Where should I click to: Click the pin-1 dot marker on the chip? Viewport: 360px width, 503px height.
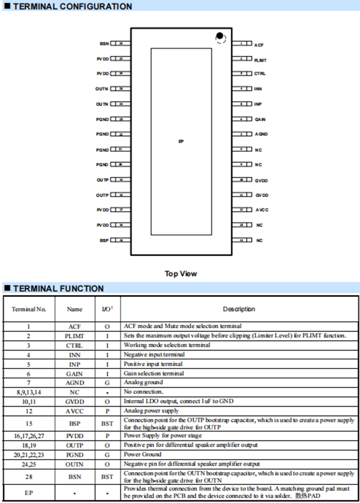(x=219, y=37)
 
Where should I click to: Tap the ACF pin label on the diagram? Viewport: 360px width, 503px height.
(x=259, y=46)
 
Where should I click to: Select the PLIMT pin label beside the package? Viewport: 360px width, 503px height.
(x=260, y=60)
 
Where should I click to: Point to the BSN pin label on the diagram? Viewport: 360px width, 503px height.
(x=104, y=43)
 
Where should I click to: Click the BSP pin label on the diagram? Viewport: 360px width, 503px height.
(x=104, y=240)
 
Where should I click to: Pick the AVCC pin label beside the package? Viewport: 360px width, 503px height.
(x=262, y=210)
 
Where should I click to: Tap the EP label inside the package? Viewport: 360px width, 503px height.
(x=182, y=142)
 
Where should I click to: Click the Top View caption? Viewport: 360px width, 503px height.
(x=181, y=274)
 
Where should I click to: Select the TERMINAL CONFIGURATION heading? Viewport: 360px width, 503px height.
(x=73, y=7)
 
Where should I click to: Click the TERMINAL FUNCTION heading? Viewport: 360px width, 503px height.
(x=58, y=289)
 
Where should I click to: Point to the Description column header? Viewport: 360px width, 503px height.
(x=239, y=309)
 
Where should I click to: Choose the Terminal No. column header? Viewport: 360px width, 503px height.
(x=29, y=309)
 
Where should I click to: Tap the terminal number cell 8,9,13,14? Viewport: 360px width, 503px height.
(x=29, y=392)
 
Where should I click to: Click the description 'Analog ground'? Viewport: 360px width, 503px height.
(x=143, y=382)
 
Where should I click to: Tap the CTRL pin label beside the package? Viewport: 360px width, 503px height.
(x=260, y=74)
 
